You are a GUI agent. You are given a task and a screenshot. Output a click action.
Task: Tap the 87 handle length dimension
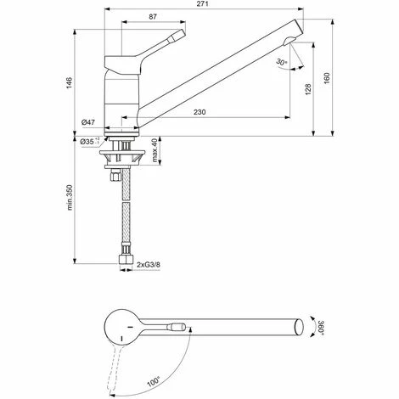[153, 17]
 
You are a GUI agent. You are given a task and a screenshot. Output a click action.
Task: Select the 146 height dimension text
[70, 83]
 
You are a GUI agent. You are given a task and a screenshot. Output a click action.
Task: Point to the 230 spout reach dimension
[199, 112]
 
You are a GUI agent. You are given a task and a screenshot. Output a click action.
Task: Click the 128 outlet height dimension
[308, 89]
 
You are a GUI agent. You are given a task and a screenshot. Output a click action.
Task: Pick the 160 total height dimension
[327, 78]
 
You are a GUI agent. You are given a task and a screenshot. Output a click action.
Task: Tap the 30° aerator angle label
[282, 62]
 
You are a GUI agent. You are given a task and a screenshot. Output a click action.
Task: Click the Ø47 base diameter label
[88, 122]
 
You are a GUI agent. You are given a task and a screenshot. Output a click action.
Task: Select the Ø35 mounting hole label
[88, 142]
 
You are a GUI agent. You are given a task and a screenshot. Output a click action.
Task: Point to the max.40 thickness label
[155, 150]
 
